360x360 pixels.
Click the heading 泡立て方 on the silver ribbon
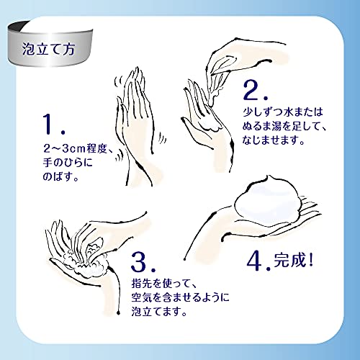coord(48,49)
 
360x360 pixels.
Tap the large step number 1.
coord(54,124)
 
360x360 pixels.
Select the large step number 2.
coord(255,90)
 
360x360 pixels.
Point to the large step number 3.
coord(143,261)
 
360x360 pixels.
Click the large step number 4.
coord(258,261)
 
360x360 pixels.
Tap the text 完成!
coord(294,260)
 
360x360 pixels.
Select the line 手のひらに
coord(68,163)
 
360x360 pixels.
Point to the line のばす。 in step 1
coord(60,176)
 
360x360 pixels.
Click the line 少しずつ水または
coord(283,112)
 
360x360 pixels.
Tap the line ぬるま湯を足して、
coord(284,126)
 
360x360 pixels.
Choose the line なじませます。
coord(274,140)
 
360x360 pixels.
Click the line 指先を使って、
coord(164,284)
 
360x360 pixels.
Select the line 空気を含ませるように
coord(180,297)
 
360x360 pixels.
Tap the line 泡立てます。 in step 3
coord(159,312)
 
